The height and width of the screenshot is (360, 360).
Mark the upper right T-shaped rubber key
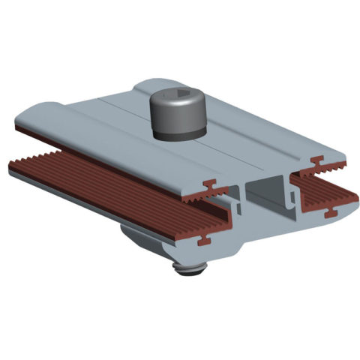tap(319, 160)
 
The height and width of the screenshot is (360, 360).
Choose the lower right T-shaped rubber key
tap(330, 214)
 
